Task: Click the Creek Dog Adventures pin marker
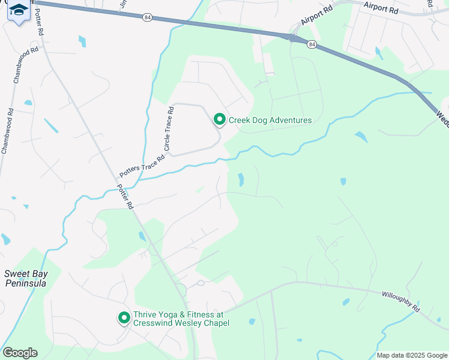point(220,121)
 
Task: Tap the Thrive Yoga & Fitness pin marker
point(124,317)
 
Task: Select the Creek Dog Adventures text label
point(270,120)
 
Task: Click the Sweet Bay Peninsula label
point(26,278)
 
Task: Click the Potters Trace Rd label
point(142,167)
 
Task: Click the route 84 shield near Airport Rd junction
point(311,44)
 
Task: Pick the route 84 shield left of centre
point(147,18)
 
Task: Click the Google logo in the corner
point(20,353)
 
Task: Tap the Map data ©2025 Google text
point(411,355)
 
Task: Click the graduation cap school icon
point(18,10)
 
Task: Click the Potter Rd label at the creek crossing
point(125,196)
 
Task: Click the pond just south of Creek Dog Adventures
point(241,179)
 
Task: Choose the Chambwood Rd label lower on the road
point(7,131)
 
